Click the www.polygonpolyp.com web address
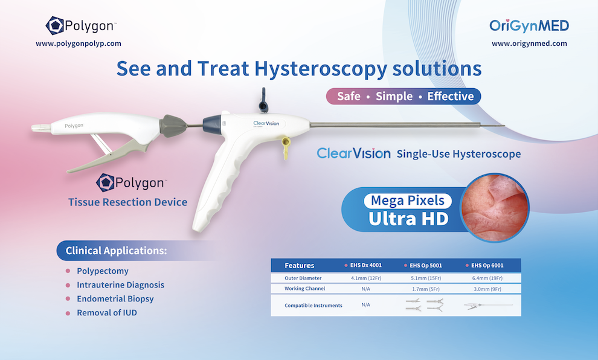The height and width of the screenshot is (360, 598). pyautogui.click(x=79, y=43)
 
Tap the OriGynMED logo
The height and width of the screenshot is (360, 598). pyautogui.click(x=529, y=25)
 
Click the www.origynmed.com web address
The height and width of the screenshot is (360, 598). pyautogui.click(x=529, y=43)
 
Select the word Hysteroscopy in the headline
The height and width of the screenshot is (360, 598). pyautogui.click(x=320, y=69)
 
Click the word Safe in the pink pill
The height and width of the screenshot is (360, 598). pyautogui.click(x=349, y=96)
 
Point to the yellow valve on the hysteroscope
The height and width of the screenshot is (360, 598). pyautogui.click(x=286, y=148)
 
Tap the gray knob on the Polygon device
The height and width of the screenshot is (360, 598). pyautogui.click(x=173, y=126)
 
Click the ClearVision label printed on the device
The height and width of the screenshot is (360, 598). pyautogui.click(x=266, y=123)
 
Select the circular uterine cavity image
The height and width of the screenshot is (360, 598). pyautogui.click(x=495, y=208)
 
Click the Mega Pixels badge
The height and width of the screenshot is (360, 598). pyautogui.click(x=408, y=201)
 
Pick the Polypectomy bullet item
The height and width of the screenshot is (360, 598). pyautogui.click(x=103, y=271)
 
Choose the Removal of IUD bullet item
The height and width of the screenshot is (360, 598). pyautogui.click(x=107, y=313)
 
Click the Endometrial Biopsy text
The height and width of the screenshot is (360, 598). pyautogui.click(x=115, y=298)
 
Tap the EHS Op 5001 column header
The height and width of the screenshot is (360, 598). pyautogui.click(x=426, y=265)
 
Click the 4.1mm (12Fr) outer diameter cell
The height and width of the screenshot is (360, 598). pyautogui.click(x=366, y=278)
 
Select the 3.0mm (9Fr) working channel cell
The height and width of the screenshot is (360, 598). pyautogui.click(x=487, y=289)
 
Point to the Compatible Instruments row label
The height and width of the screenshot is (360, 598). pyautogui.click(x=313, y=306)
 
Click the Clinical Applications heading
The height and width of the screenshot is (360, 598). pyautogui.click(x=117, y=251)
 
